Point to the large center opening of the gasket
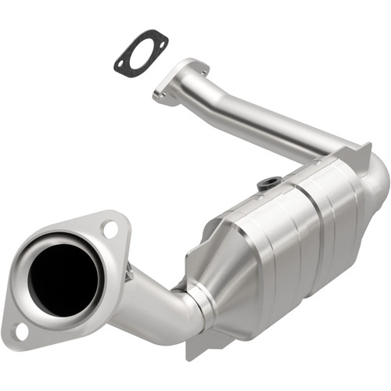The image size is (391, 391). tap(141, 52)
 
